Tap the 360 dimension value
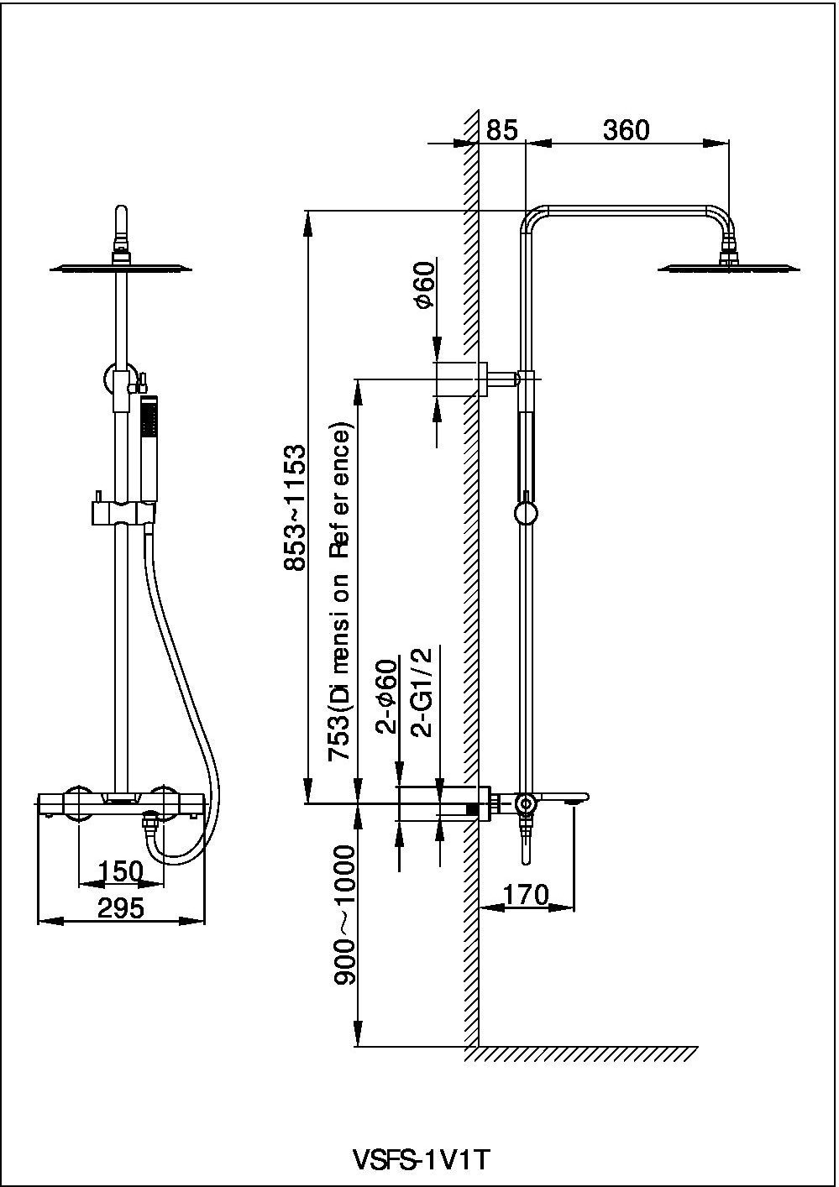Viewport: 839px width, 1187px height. click(626, 130)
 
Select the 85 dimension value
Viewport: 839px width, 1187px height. click(502, 130)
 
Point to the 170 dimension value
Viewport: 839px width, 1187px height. click(526, 894)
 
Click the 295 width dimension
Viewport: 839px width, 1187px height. click(121, 907)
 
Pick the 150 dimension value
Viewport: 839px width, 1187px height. click(121, 872)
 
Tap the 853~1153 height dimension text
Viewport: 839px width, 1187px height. click(295, 508)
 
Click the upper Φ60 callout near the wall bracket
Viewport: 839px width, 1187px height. click(425, 285)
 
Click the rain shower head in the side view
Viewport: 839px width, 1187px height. click(727, 268)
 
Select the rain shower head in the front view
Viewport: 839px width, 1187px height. click(122, 268)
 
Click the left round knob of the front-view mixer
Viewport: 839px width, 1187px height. click(78, 802)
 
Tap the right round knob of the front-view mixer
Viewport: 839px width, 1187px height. click(163, 802)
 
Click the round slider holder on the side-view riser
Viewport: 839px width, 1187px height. click(526, 513)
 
